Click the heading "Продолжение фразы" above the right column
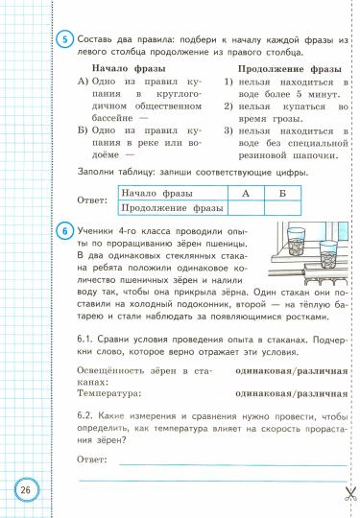[x=287, y=69]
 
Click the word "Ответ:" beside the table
[x=91, y=201]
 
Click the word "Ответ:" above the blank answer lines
[x=91, y=434]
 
